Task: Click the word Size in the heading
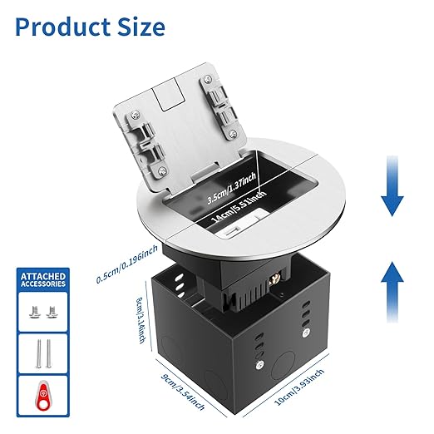click(141, 27)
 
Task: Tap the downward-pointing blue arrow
click(392, 185)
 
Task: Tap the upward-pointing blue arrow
click(392, 292)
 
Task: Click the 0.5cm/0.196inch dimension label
click(127, 264)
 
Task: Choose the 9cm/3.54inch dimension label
click(183, 392)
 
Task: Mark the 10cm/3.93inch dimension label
click(299, 387)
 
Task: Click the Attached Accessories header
click(43, 280)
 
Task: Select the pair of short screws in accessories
click(43, 312)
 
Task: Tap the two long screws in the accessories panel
click(44, 353)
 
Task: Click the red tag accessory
click(43, 396)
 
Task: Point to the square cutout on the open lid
click(169, 94)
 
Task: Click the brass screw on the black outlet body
click(274, 284)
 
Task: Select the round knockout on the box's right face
click(284, 366)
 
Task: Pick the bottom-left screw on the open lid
click(162, 171)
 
